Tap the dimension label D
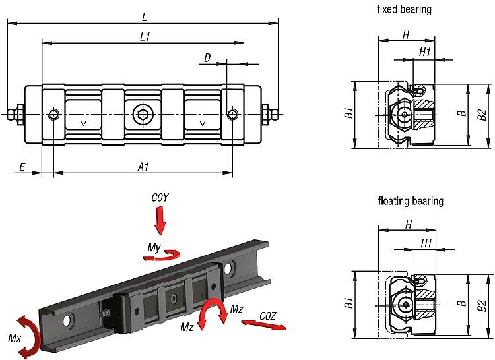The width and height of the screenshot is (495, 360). (x=207, y=59)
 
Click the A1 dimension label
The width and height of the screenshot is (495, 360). (x=143, y=168)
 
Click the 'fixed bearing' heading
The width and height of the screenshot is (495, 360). (x=404, y=9)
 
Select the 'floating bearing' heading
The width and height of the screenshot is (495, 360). (x=411, y=201)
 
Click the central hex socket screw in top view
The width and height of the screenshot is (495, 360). (x=143, y=115)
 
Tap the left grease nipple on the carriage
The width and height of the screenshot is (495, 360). (x=16, y=115)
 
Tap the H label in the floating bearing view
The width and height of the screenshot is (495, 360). (x=409, y=224)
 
